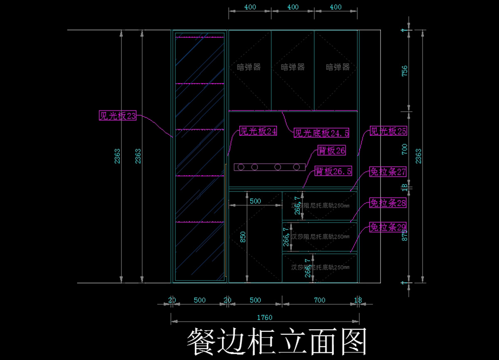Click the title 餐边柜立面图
click(277, 342)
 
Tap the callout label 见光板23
click(118, 116)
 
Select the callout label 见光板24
click(258, 132)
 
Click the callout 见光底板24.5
click(321, 133)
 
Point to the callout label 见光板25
click(388, 132)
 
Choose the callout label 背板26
click(331, 151)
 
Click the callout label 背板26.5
click(333, 171)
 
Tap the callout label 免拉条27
click(388, 172)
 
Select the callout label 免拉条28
click(388, 204)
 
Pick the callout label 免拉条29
click(388, 227)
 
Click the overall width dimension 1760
click(264, 318)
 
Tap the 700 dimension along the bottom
click(319, 300)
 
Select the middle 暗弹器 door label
click(293, 67)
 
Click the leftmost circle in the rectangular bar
click(241, 167)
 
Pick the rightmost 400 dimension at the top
click(335, 7)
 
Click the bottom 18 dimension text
click(358, 300)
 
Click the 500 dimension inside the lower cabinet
click(255, 201)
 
